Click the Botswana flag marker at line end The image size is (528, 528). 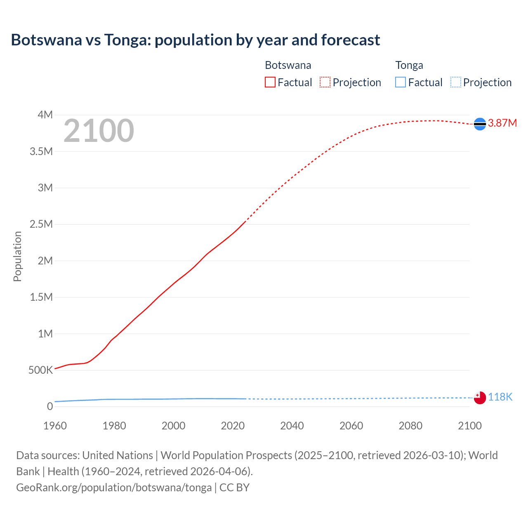[480, 124]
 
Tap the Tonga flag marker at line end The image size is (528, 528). [480, 398]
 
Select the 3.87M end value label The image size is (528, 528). [502, 123]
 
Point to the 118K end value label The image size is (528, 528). [500, 397]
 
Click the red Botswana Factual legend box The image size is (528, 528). [270, 82]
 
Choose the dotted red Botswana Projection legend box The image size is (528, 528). [325, 82]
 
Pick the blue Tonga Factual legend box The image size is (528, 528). [401, 82]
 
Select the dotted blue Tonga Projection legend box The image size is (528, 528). [456, 82]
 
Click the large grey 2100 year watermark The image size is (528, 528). [99, 131]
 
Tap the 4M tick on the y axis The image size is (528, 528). [45, 115]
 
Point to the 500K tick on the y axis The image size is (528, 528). [40, 370]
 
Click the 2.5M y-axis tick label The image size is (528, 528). [41, 224]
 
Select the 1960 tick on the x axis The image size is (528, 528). [55, 426]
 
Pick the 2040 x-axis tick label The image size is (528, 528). [292, 426]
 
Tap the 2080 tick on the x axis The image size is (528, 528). [410, 426]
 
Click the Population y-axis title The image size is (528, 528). [17, 256]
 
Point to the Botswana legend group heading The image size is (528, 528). [288, 65]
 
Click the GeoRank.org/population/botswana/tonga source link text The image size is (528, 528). [114, 488]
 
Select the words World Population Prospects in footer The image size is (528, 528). [226, 455]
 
